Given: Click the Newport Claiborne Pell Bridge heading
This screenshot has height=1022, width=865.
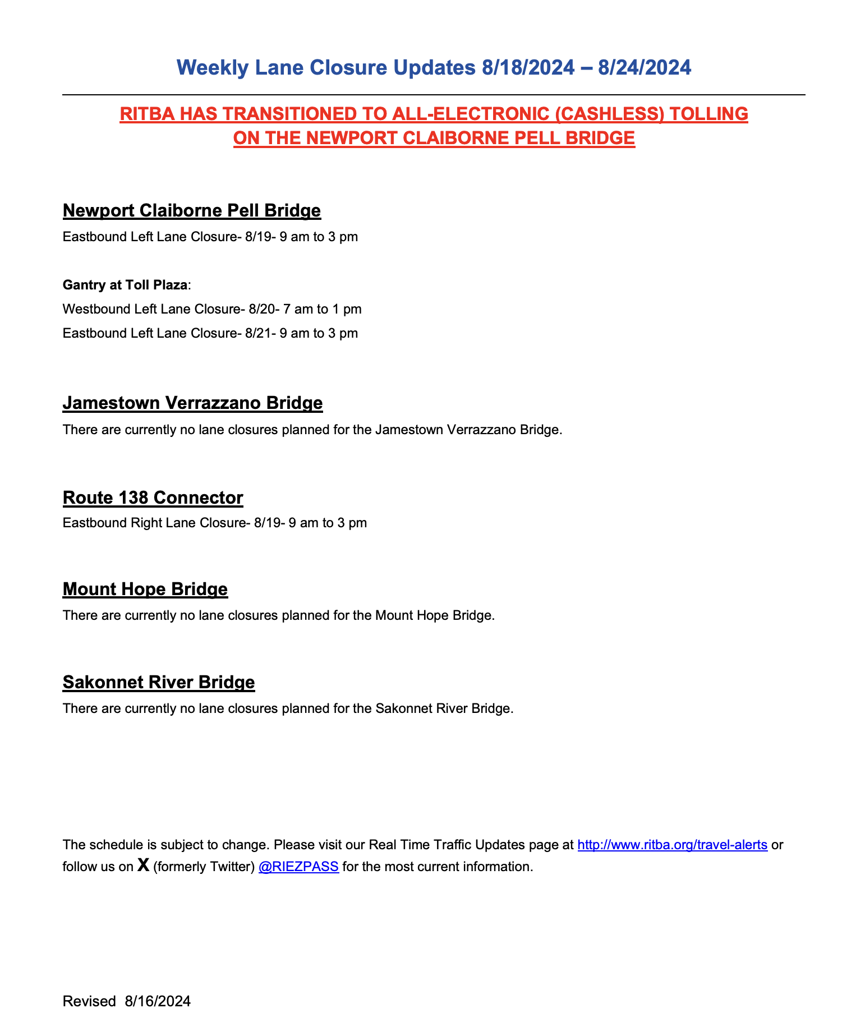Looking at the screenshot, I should (x=191, y=210).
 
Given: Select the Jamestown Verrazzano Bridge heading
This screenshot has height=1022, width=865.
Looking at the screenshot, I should (x=192, y=403).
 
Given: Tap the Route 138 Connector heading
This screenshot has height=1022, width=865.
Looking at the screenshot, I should (x=153, y=498).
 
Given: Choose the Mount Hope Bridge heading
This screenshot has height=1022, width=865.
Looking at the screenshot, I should (x=145, y=589).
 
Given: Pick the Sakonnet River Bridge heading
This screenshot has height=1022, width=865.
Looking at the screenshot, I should (x=158, y=682).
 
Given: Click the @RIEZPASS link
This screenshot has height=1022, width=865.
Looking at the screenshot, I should (x=298, y=867).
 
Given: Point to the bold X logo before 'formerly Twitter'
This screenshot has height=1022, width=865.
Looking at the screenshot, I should (x=144, y=866).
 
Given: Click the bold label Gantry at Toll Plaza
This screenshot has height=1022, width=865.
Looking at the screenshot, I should (x=125, y=285).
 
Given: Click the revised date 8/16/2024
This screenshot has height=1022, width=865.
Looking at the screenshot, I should (x=158, y=1001).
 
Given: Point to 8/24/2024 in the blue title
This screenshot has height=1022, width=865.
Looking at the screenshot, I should (x=645, y=68).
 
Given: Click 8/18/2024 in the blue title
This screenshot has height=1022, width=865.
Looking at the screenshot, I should (x=528, y=68).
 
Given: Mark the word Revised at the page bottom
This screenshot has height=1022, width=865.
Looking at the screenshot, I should (x=89, y=1001).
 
